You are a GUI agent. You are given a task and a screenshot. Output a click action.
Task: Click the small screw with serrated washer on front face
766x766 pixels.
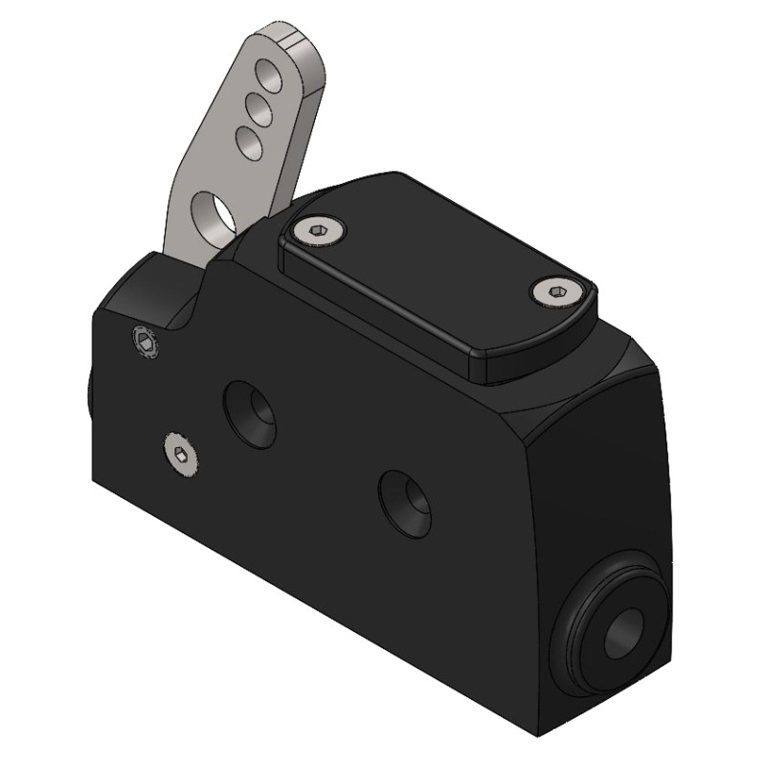click(144, 340)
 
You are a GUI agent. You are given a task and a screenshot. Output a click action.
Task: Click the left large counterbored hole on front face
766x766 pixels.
click(251, 414)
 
